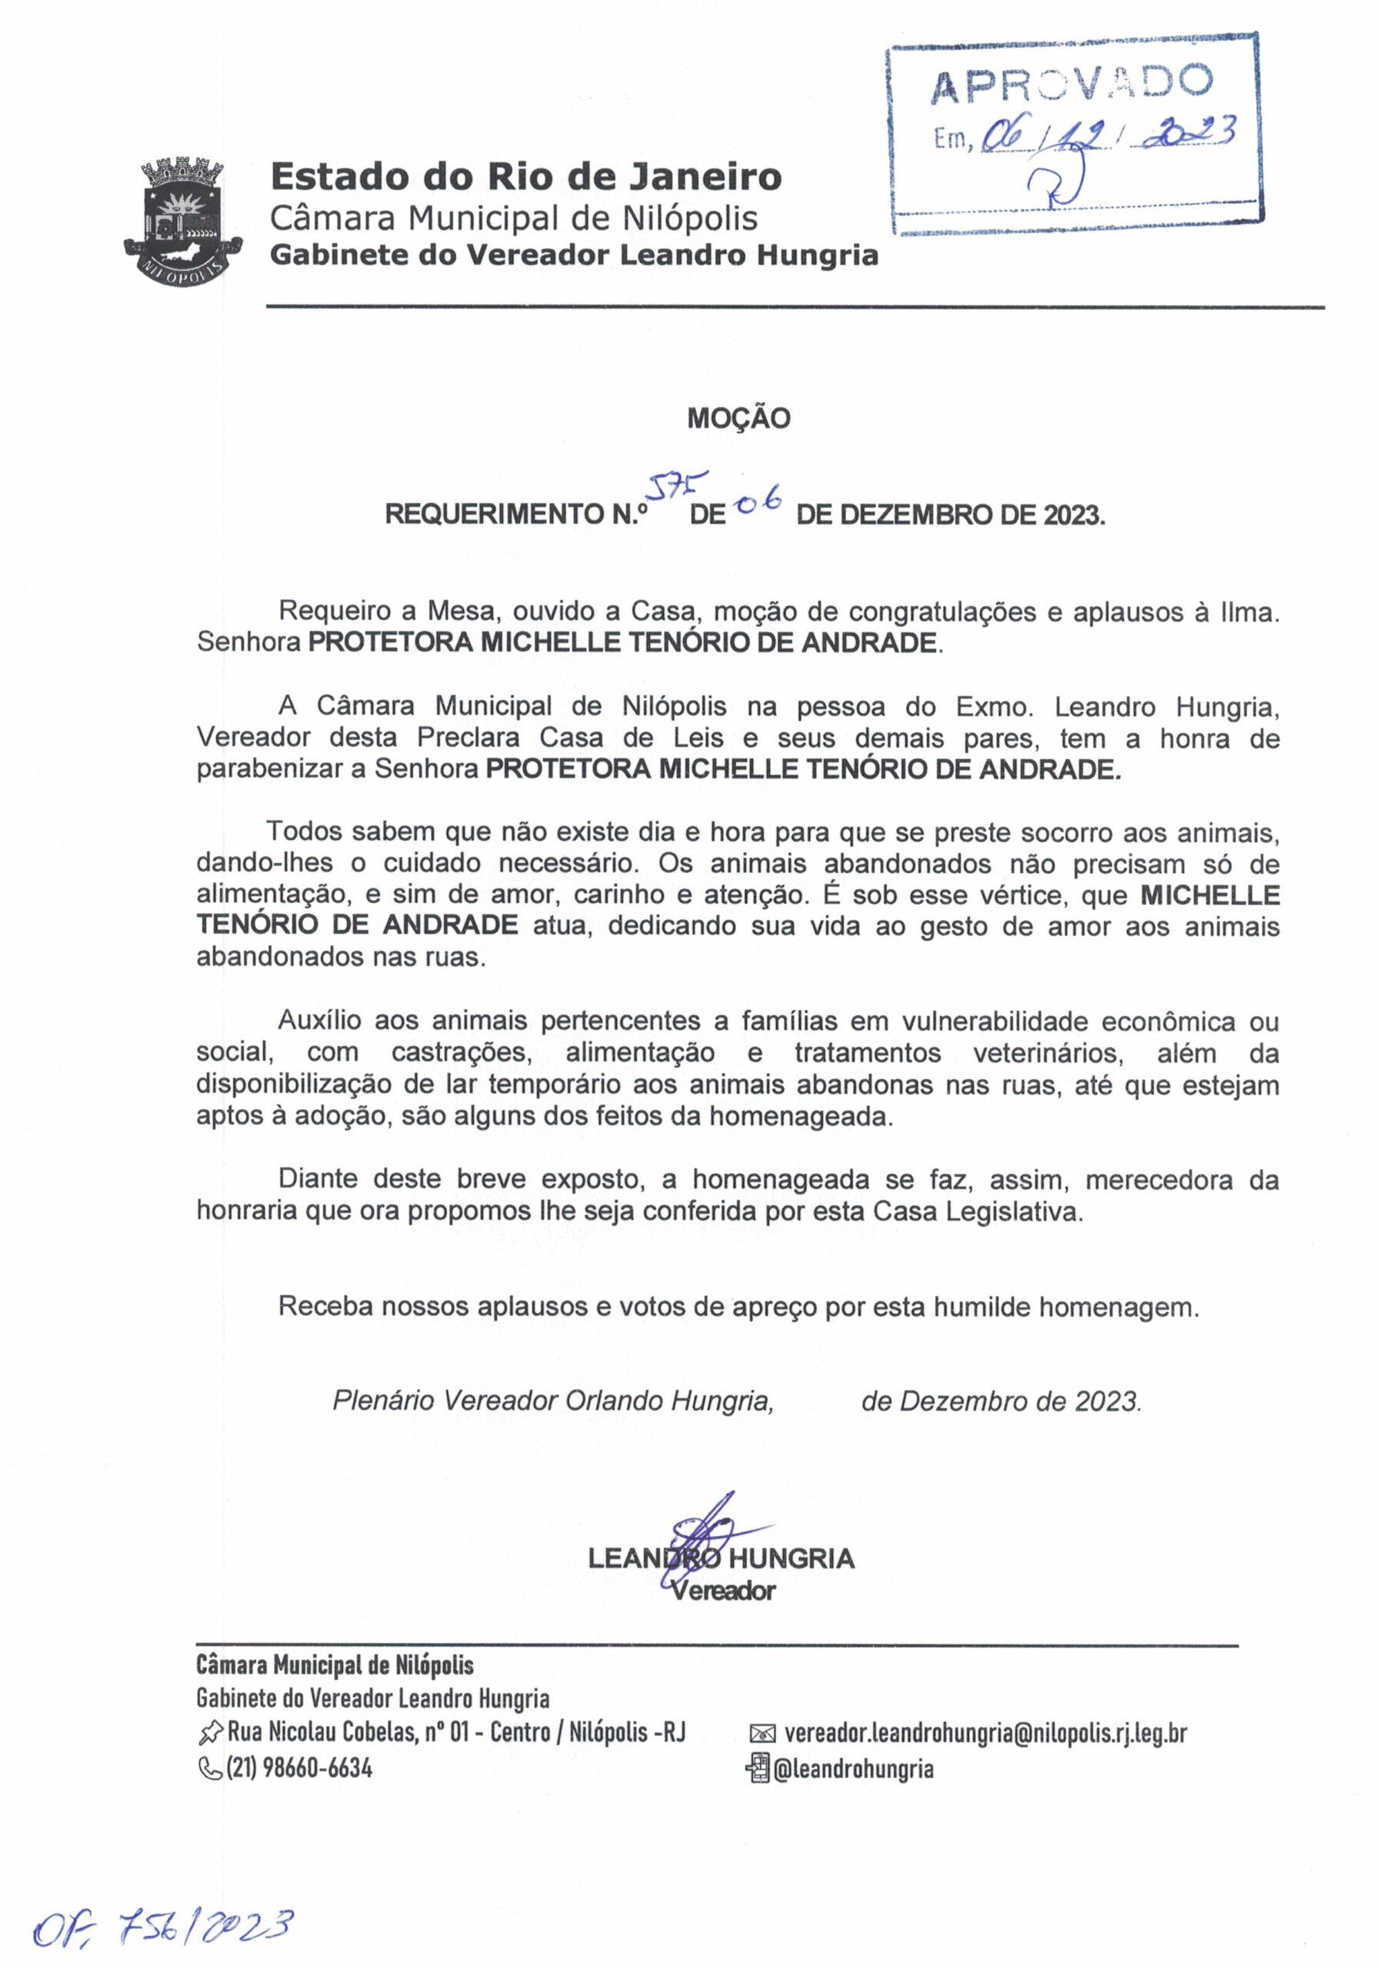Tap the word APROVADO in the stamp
[1072, 83]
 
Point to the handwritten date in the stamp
[1106, 135]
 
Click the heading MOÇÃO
[738, 418]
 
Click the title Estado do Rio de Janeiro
[525, 177]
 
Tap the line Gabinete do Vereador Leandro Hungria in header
[574, 255]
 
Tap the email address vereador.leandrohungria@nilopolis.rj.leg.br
[985, 1733]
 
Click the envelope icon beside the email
[762, 1734]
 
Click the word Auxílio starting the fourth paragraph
[319, 1021]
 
